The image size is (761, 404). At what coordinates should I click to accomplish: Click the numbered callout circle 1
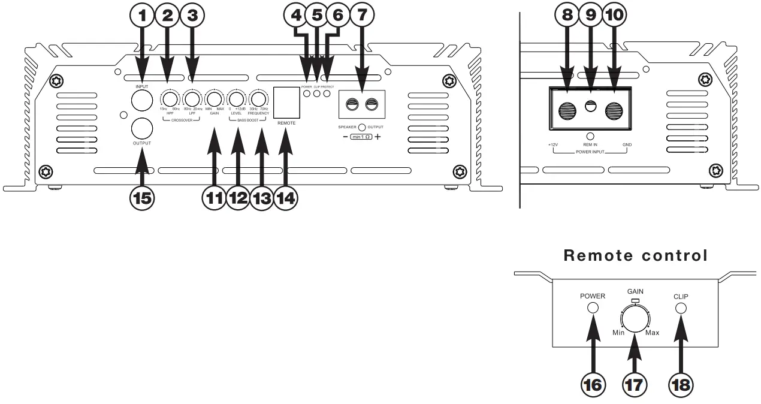[143, 17]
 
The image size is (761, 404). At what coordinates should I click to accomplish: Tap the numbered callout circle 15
[143, 197]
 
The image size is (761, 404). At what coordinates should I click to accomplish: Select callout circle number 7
[361, 17]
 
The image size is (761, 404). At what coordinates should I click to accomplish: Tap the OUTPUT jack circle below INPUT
[142, 128]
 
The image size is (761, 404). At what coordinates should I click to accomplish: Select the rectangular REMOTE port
[286, 101]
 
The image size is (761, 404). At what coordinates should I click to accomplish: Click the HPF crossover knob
[170, 99]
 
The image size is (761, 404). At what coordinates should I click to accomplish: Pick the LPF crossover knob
[192, 99]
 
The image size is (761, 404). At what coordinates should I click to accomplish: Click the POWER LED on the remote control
[593, 308]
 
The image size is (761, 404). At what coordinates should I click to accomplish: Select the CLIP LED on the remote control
[681, 308]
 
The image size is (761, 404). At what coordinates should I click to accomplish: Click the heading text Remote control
[635, 255]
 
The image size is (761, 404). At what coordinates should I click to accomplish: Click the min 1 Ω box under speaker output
[361, 136]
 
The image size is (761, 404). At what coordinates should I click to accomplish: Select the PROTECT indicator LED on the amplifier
[327, 93]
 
